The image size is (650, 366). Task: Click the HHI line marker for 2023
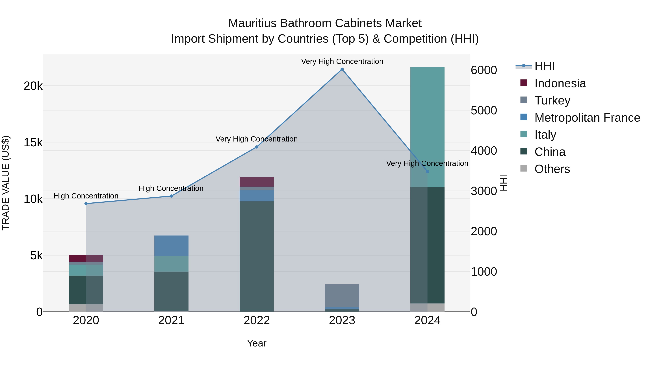coord(342,69)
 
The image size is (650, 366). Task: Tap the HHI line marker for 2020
coord(86,204)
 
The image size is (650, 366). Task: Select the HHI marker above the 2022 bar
coord(257,147)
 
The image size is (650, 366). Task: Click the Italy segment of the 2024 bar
coord(427,126)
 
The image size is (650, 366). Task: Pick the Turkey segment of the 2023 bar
coord(342,296)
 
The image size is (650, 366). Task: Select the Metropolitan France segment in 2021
coord(171,246)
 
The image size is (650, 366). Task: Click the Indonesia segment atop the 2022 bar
coord(257,182)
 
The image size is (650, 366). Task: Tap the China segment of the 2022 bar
coord(257,255)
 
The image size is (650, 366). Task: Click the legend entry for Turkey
coord(552,100)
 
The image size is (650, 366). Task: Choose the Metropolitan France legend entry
coord(587,118)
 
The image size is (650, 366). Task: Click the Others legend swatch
coord(524,168)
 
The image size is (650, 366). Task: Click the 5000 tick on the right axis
coord(484,111)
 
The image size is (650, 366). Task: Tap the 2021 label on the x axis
coord(171,320)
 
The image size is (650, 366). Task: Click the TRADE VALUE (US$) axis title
coord(6,183)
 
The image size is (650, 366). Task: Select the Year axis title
coord(257,343)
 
